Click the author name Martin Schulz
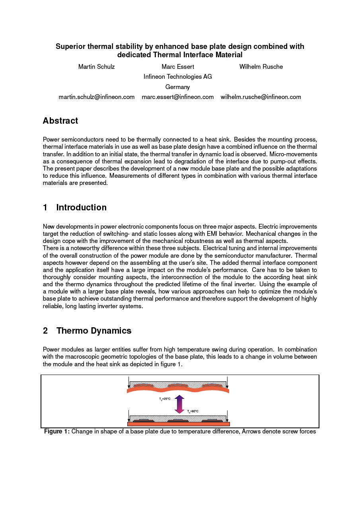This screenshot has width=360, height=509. pos(96,67)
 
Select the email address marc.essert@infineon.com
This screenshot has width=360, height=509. pos(177,97)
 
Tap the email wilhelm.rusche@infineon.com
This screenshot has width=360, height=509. pos(261,97)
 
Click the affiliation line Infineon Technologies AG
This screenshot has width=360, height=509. pos(177,77)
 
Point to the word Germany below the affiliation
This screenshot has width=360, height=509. pos(177,87)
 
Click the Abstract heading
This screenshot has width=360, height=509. pos(60,121)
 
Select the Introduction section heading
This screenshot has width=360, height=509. pos(81,208)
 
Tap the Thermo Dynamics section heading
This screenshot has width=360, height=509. pos(93,331)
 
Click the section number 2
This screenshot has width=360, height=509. pos(45,331)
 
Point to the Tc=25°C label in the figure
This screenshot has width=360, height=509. pos(165,399)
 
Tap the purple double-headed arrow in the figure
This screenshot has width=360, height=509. pos(179,404)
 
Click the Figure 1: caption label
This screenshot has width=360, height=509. pos(57,431)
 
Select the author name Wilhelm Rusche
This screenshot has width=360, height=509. pos(261,67)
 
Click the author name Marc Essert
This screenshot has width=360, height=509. pos(178,67)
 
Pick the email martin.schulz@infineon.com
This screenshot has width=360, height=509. pos(97,97)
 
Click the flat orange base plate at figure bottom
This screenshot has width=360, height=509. pos(178,424)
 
